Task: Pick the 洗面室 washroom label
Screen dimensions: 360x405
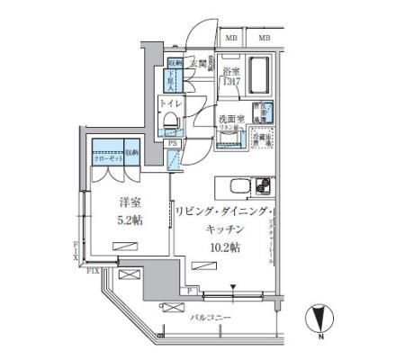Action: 230,119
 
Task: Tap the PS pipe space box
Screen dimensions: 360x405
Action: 172,142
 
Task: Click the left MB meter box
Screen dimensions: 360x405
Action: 231,38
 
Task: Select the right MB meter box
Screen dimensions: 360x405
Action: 264,38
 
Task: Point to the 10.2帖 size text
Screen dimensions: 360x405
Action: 226,246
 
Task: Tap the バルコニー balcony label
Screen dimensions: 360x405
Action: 211,318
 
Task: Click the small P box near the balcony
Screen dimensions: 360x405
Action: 192,291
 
